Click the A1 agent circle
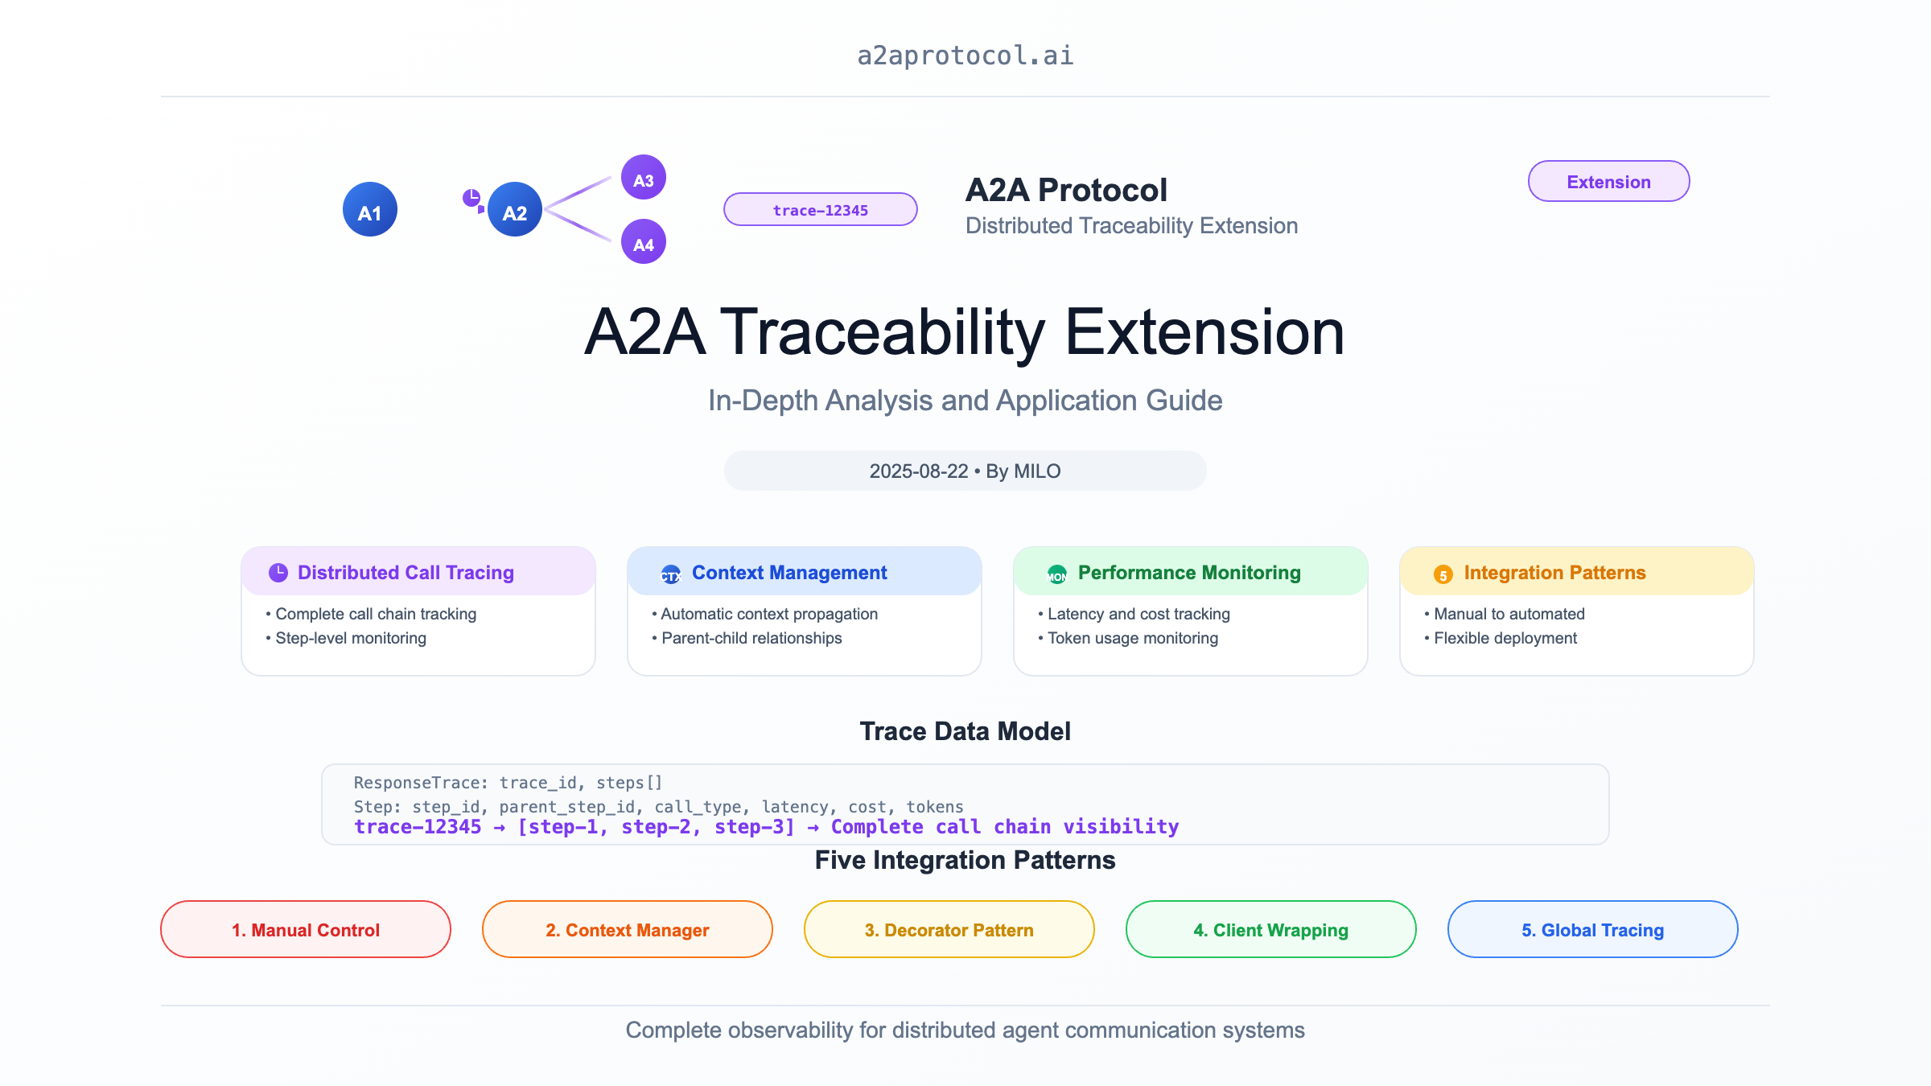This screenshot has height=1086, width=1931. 370,210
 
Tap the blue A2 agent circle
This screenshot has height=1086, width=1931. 515,210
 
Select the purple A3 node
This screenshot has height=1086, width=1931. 644,178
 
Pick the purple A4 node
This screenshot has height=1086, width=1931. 644,242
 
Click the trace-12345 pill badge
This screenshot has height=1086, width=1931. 820,210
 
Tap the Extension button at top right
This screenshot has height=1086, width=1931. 1608,182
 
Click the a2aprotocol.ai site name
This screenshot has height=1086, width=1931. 965,56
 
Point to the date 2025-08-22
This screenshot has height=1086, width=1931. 919,471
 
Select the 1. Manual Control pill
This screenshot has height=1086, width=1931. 306,930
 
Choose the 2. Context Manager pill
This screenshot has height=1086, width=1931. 628,930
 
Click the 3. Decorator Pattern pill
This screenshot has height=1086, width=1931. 949,930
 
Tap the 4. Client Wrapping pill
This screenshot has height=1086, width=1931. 1271,930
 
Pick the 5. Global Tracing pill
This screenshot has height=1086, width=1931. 1593,930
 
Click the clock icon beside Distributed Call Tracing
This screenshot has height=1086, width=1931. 278,573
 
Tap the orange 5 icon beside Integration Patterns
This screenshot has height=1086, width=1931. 1443,574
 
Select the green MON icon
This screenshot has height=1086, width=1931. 1056,574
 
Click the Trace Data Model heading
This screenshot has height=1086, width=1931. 965,731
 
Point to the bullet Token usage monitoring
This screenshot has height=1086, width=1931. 1133,638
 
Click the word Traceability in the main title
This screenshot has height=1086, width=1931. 883,332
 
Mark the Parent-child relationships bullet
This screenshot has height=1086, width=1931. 751,638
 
